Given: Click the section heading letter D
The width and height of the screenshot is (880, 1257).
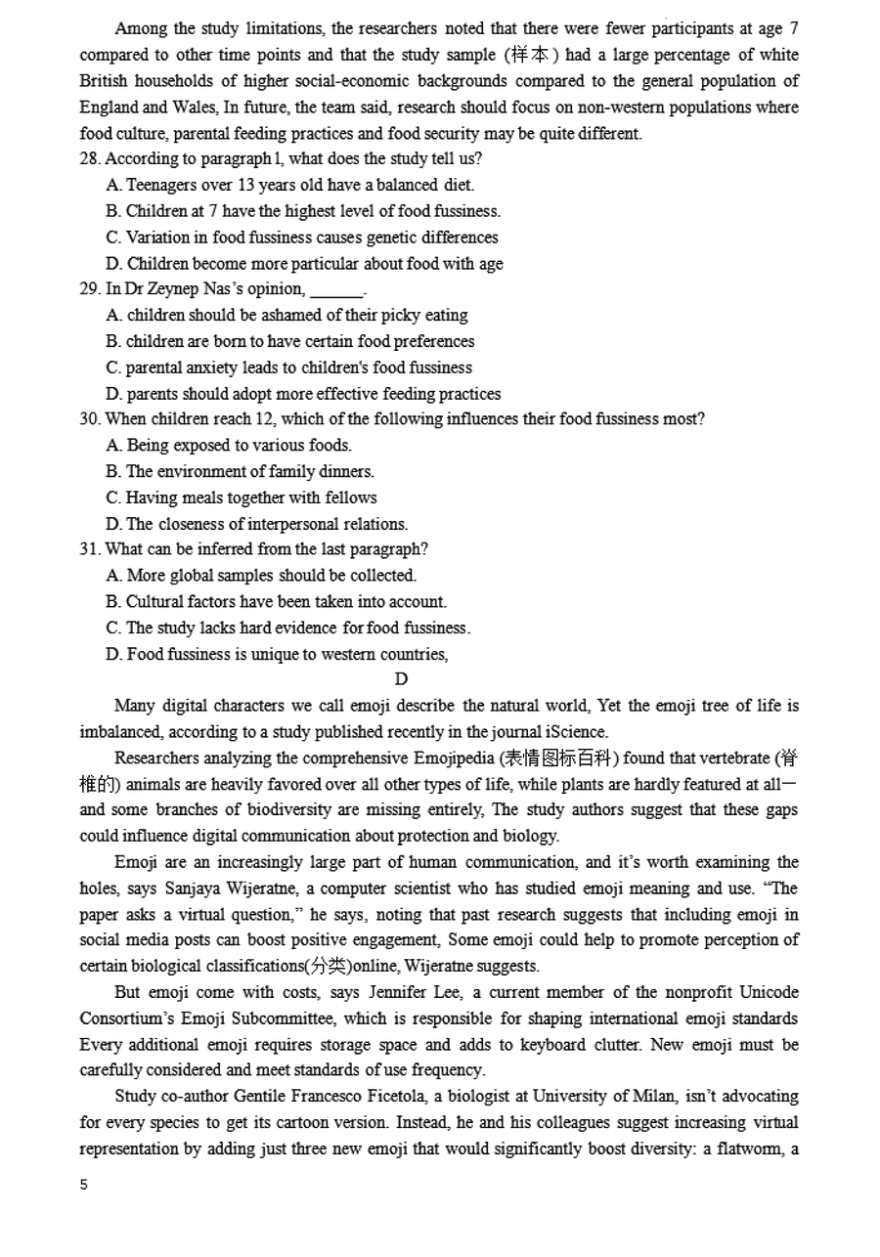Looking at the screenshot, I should pos(401,679).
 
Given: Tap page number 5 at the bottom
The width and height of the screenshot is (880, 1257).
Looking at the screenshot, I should pos(84,1185).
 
